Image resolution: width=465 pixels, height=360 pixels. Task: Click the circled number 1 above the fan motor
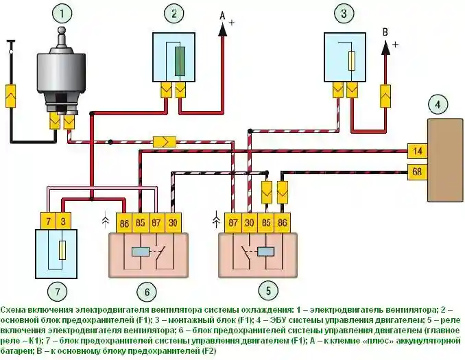64,14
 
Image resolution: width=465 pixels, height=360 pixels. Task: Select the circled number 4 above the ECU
435,104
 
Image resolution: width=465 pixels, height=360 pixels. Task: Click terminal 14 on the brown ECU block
416,150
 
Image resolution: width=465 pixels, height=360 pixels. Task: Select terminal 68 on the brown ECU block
416,171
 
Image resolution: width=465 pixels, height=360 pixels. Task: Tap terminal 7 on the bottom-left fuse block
47,221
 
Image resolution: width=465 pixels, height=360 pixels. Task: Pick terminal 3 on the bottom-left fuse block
62,221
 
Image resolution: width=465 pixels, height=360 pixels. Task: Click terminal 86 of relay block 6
123,223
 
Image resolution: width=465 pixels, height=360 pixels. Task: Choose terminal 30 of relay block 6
174,223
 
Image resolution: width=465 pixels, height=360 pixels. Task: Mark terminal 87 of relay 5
232,223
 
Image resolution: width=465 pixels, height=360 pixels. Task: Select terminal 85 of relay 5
266,223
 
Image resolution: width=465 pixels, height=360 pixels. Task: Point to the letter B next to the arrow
385,32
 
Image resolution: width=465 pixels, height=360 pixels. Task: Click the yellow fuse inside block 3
350,62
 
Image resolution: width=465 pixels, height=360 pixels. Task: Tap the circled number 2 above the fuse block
174,14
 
